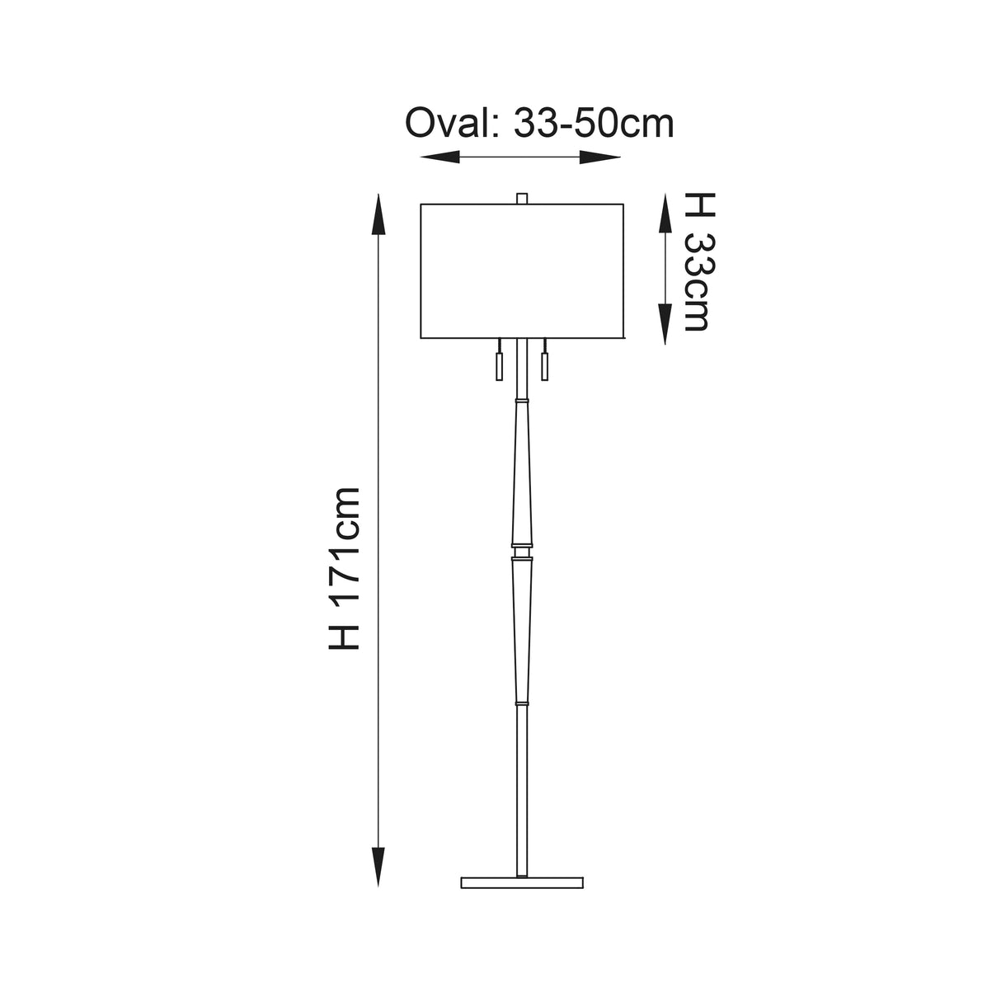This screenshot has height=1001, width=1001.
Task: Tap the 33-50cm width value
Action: [x=593, y=124]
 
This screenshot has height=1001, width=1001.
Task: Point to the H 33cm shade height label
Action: [x=697, y=261]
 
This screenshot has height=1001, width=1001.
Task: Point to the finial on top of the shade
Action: [x=521, y=198]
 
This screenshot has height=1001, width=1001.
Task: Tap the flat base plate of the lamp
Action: [x=522, y=882]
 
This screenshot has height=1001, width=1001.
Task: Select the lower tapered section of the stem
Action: [x=521, y=627]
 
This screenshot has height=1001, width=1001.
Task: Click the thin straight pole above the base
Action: [x=521, y=783]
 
